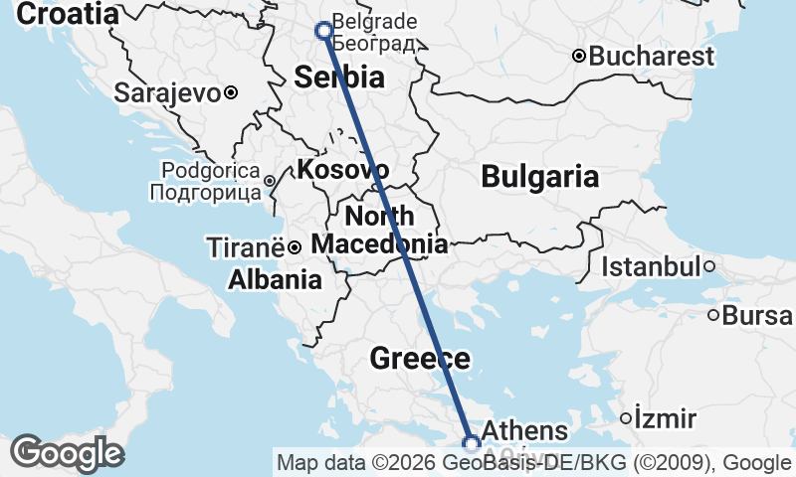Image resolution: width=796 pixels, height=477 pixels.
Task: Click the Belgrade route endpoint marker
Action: coord(323,30)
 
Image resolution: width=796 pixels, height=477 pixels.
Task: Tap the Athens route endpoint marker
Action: coord(472,443)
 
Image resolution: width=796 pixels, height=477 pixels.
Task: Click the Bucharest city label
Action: coord(652,56)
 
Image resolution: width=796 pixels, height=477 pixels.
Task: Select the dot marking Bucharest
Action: coord(578,56)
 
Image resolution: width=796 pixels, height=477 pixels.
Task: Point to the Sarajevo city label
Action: coord(167,93)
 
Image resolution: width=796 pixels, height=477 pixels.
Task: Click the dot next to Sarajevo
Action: coord(230,92)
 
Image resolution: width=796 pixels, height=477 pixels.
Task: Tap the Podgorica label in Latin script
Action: coord(210,171)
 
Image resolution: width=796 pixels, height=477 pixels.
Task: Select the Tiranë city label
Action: coord(244,245)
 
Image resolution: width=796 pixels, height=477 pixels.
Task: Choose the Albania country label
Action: coord(275,280)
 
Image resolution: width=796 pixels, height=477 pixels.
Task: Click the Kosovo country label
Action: coord(342,169)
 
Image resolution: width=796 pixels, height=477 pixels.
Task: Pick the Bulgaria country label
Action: coord(539,177)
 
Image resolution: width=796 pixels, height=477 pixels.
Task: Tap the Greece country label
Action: coord(419,358)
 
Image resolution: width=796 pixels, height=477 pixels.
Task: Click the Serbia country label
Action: coord(339,78)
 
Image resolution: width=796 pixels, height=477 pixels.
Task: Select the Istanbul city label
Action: coord(651,266)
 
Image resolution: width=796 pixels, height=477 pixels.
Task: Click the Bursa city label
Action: coord(758,316)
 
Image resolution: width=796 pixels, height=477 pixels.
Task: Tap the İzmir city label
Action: coord(666,417)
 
